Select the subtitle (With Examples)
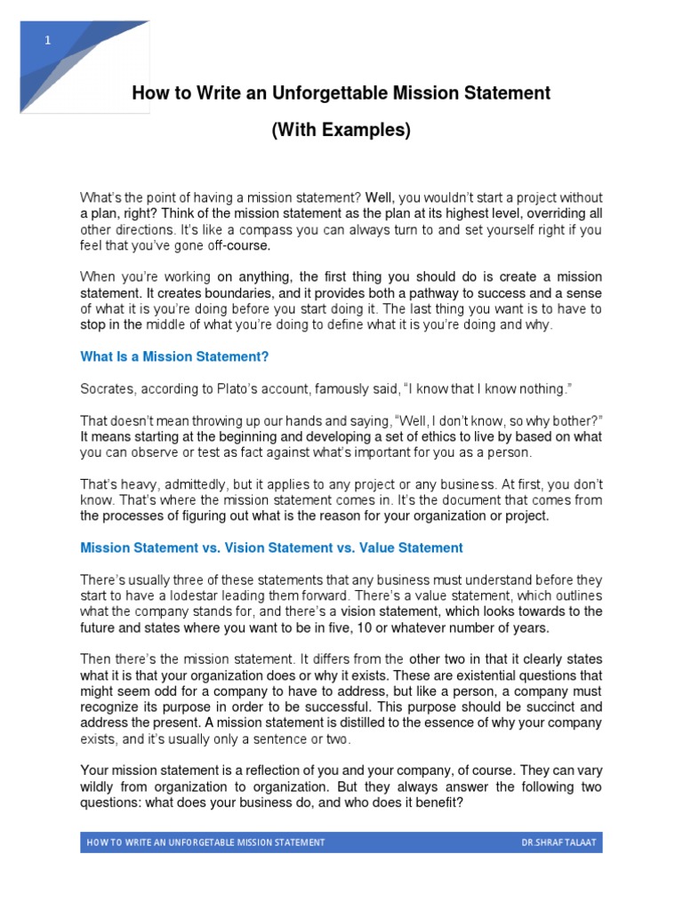click(341, 130)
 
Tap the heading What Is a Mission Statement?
click(174, 356)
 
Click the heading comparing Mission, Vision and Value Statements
click(271, 547)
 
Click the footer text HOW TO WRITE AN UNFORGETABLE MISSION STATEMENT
click(205, 842)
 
